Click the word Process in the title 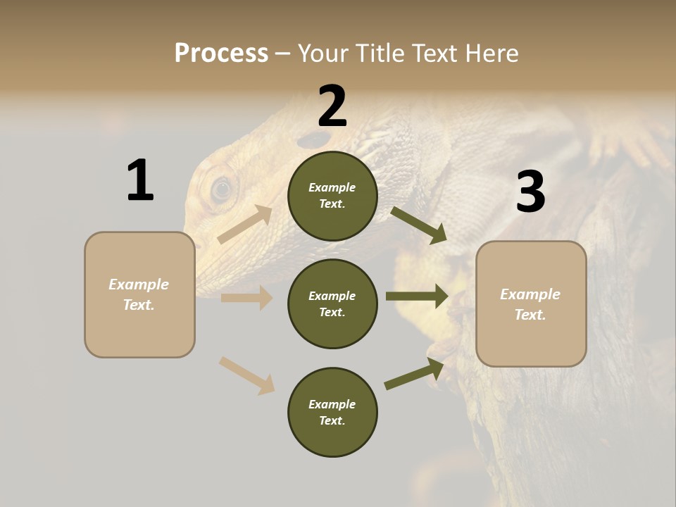click(221, 54)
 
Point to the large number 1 click(140, 180)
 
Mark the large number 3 click(530, 192)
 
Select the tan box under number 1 click(139, 294)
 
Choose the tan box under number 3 click(531, 304)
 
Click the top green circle click(332, 196)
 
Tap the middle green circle click(332, 303)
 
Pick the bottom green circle click(332, 412)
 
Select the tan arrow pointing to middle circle click(246, 298)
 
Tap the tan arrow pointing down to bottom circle click(246, 375)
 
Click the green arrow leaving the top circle click(418, 225)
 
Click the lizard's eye click(222, 188)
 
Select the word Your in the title click(321, 54)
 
